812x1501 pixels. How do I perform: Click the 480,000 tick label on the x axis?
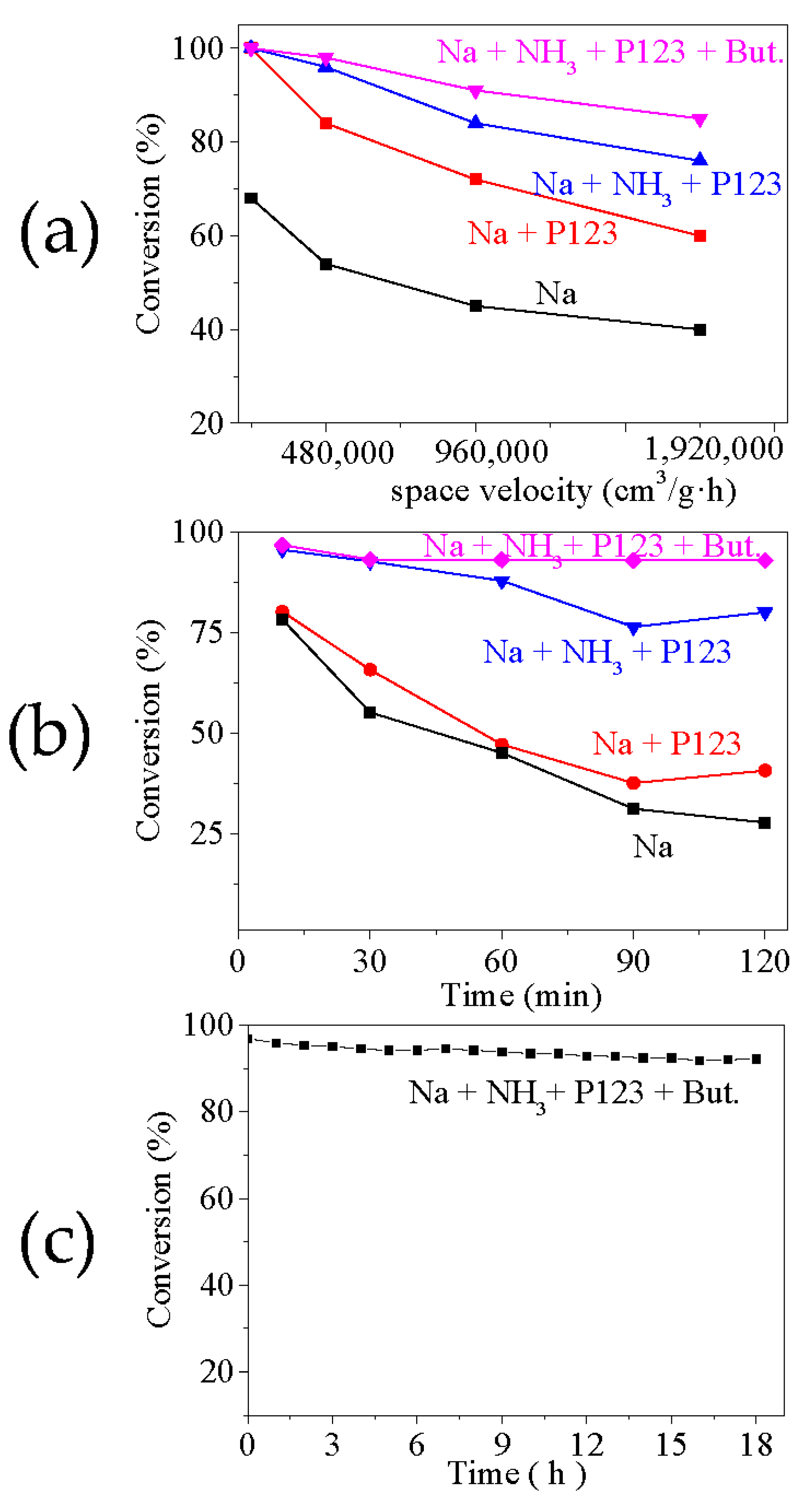pos(337,453)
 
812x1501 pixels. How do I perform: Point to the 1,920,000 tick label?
pos(714,449)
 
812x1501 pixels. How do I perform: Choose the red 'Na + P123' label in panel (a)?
pos(542,233)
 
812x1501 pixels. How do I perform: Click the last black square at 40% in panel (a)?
pos(700,330)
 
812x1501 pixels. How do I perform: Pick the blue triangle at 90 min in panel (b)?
pos(634,628)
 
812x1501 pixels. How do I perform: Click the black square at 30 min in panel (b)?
pos(370,712)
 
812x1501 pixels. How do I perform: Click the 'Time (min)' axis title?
pos(521,995)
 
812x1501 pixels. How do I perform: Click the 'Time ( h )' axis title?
pos(516,1474)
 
